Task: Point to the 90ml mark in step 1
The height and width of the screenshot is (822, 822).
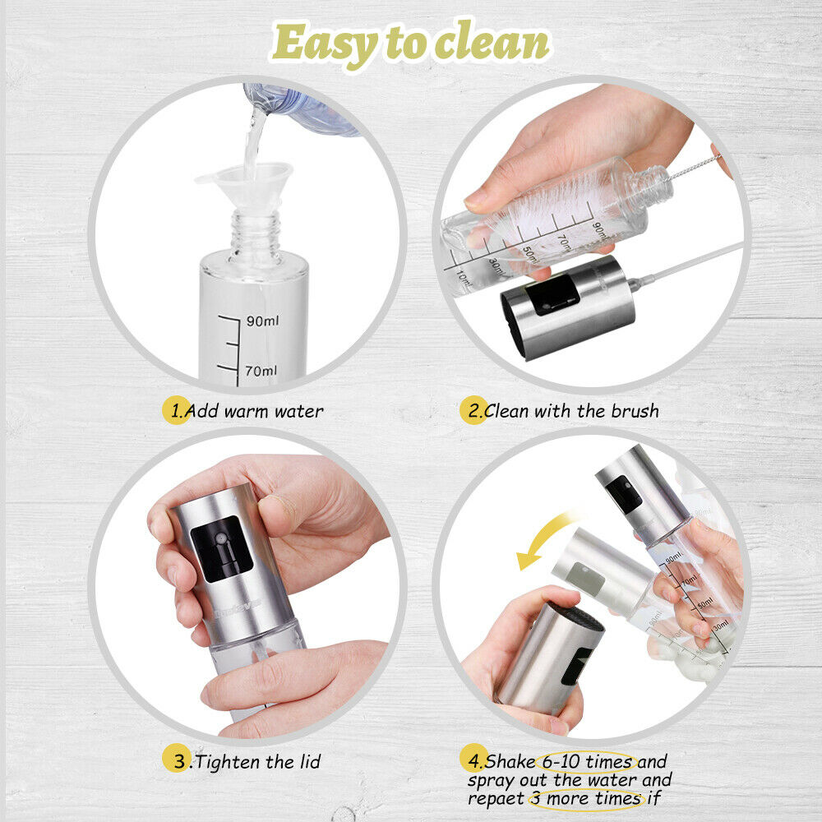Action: click(263, 321)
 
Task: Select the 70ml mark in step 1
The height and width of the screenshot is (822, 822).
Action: click(261, 371)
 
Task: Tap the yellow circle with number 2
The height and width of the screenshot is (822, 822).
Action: click(473, 410)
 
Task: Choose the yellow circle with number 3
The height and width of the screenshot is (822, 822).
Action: click(176, 759)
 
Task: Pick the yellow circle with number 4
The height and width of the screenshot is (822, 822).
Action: click(473, 758)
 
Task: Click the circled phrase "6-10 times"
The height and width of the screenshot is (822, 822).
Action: click(587, 761)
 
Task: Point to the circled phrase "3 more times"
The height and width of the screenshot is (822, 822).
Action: click(586, 799)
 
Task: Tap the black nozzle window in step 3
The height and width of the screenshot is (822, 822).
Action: click(221, 548)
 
